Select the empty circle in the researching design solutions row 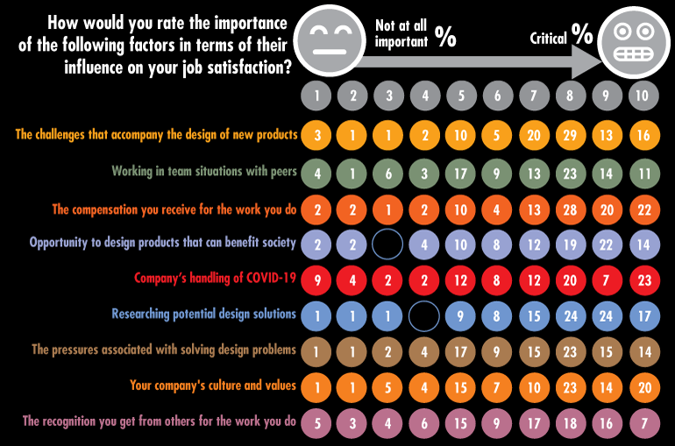[x=425, y=315]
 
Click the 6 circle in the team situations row [x=388, y=173]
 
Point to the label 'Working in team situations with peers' [x=204, y=172]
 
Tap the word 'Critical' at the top [x=548, y=38]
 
